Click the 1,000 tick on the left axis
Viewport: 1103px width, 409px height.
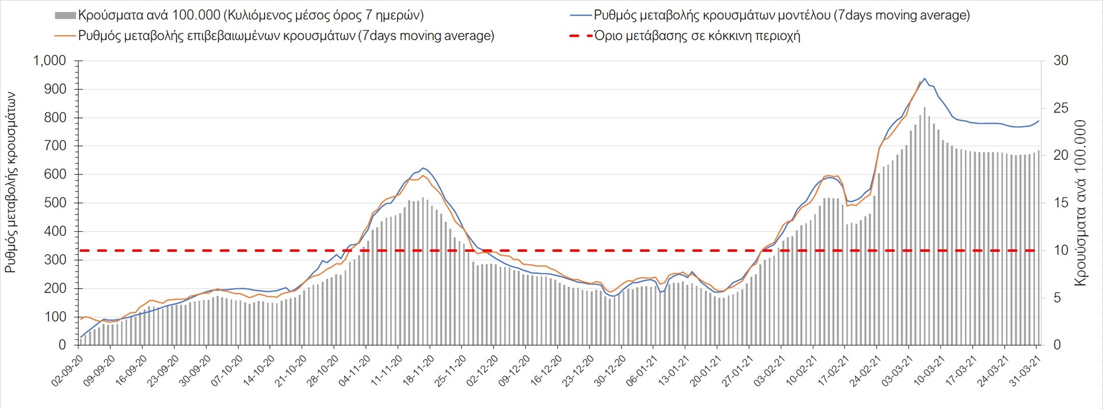50,61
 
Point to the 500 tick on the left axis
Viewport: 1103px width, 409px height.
55,203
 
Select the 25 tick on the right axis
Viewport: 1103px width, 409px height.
1060,108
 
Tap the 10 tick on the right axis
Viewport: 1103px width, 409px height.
1060,250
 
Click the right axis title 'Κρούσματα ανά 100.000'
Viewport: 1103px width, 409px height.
1081,202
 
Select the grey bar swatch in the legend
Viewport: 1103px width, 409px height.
65,16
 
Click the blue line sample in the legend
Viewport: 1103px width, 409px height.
581,16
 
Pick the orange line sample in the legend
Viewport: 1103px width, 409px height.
65,36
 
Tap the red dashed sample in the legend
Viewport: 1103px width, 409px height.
581,36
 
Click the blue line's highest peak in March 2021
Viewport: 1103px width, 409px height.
924,79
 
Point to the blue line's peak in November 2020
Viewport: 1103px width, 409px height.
423,168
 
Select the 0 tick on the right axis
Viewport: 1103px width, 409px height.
1056,345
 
